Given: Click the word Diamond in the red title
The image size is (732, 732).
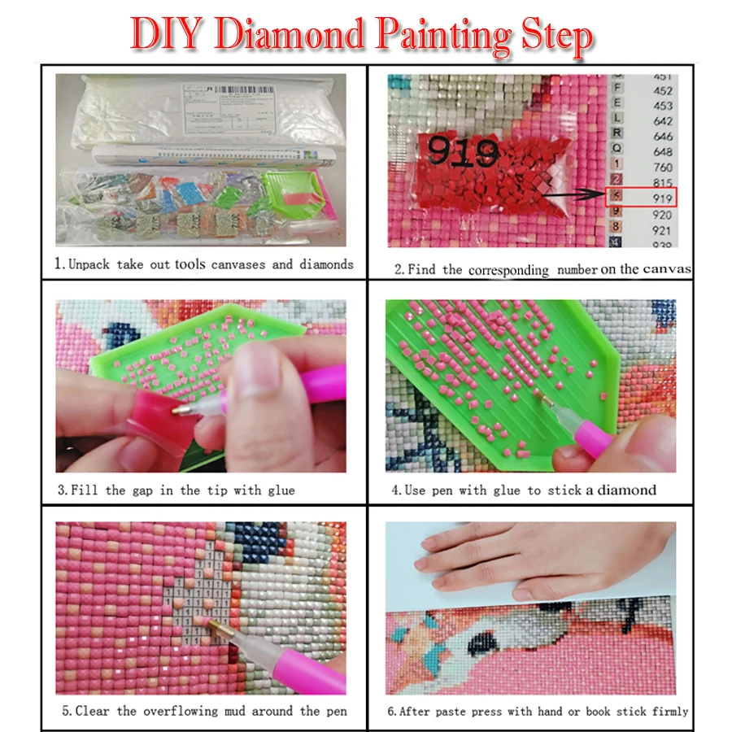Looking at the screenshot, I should pos(303,35).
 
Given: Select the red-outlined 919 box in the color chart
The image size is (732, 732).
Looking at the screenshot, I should pos(643,197).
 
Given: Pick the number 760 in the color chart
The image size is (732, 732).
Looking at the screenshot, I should pos(662,167).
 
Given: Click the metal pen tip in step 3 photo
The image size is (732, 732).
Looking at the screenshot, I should pos(180,411).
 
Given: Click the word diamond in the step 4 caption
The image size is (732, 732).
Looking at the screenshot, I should pos(627,490).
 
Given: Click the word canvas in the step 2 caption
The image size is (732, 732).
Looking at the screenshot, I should pos(666,268).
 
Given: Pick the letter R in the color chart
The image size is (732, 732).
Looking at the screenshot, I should pos(617,133).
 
